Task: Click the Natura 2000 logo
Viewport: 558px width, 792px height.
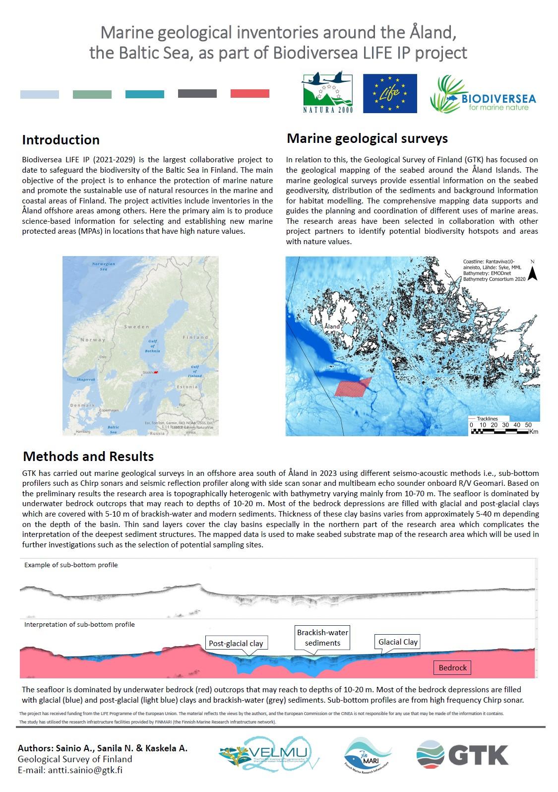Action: click(x=327, y=93)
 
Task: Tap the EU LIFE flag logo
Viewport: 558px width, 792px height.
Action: click(x=389, y=93)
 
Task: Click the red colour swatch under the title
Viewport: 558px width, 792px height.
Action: click(x=250, y=94)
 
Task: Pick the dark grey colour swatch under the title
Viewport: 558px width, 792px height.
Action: click(x=197, y=94)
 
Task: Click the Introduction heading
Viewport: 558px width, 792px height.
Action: click(x=61, y=140)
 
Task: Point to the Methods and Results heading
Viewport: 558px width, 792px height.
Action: click(x=88, y=456)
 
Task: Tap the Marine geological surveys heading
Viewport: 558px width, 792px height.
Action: click(x=367, y=138)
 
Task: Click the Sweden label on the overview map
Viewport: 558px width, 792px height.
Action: click(x=136, y=327)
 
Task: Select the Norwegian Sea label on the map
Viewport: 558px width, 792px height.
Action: click(x=103, y=266)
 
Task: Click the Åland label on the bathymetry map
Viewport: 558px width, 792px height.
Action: click(x=332, y=326)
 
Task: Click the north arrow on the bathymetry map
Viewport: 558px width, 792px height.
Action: click(x=532, y=272)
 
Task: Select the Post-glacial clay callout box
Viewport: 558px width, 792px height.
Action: click(x=236, y=643)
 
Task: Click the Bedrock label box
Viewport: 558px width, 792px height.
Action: click(x=452, y=667)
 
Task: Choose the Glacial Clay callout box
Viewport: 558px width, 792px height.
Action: click(x=398, y=642)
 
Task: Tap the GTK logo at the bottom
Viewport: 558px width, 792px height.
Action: click(x=462, y=755)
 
